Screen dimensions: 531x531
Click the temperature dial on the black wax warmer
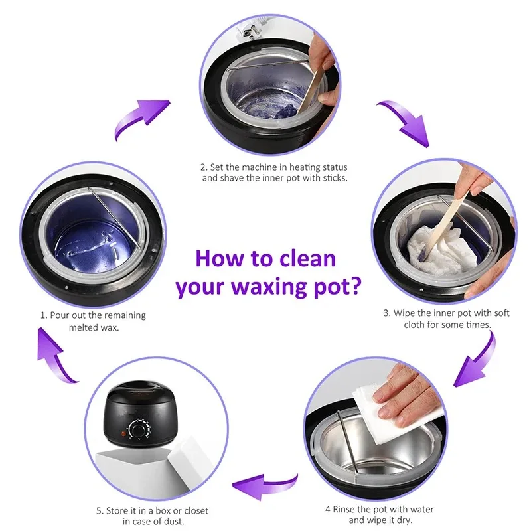(x=139, y=430)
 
